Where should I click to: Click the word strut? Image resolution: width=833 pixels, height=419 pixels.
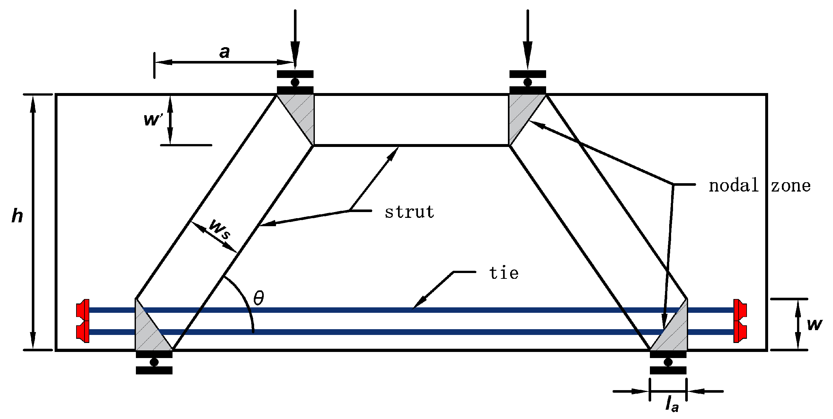point(409,212)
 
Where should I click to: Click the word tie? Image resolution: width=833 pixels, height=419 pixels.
point(504,273)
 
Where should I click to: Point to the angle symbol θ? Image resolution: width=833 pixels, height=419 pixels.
point(259,298)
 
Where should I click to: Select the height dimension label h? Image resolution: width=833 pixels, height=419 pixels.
point(17,216)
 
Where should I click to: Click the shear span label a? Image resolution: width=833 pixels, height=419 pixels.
point(225,52)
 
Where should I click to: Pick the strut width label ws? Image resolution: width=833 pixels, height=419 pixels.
point(219,229)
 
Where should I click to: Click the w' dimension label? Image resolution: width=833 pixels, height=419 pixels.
point(152,119)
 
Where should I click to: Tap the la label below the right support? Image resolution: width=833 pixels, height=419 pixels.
point(671,404)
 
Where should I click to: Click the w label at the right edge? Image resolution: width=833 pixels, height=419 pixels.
point(814,324)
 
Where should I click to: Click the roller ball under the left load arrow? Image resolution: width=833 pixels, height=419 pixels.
point(295,82)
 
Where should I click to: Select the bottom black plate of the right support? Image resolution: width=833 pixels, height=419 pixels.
point(668,370)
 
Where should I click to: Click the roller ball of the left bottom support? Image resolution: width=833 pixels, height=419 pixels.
point(154,362)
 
